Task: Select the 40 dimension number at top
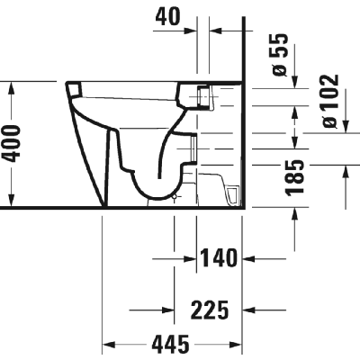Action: click(167, 16)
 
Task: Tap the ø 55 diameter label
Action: click(280, 55)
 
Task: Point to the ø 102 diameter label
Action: click(331, 101)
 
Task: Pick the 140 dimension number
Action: click(218, 258)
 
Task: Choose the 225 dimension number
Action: click(210, 310)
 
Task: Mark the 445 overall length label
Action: click(171, 344)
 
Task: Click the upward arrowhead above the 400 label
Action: click(12, 89)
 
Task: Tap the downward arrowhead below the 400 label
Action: click(12, 199)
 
